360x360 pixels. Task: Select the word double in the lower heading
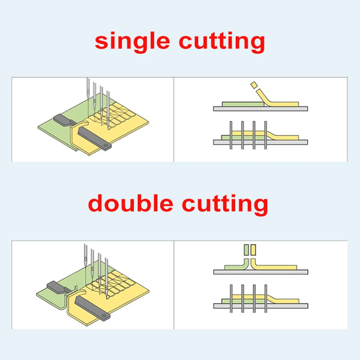[130, 203]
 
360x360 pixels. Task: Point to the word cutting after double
[225, 204]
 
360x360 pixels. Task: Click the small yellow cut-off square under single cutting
[254, 85]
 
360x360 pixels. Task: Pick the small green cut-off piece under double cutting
[246, 250]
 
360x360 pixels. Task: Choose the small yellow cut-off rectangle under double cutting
[253, 250]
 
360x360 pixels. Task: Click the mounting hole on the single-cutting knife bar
[105, 145]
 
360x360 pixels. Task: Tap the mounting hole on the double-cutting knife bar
[104, 316]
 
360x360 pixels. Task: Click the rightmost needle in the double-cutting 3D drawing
[107, 278]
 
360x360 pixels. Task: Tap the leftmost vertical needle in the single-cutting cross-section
[231, 135]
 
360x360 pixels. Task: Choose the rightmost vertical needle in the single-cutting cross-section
[266, 135]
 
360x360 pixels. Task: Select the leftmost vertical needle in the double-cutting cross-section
[231, 298]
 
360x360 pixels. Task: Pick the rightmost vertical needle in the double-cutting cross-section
[266, 298]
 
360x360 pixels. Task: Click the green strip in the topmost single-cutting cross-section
[243, 104]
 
